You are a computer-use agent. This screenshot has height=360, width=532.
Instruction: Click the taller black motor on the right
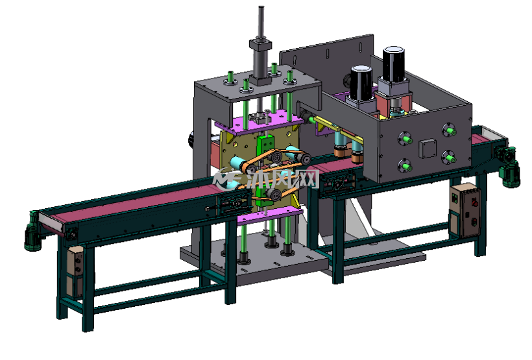pyautogui.click(x=393, y=64)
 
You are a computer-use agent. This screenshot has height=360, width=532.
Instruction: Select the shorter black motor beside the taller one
pyautogui.click(x=361, y=83)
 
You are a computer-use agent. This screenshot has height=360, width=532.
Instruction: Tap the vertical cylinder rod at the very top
pyautogui.click(x=261, y=23)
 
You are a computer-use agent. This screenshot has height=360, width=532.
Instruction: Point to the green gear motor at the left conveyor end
pyautogui.click(x=32, y=232)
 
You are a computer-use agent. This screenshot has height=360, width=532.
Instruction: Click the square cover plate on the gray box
pyautogui.click(x=428, y=149)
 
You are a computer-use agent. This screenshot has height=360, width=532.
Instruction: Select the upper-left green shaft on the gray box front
pyautogui.click(x=405, y=139)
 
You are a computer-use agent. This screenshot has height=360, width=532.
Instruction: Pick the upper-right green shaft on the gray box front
pyautogui.click(x=449, y=130)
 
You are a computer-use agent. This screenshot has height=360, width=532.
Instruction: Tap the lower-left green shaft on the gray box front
pyautogui.click(x=405, y=166)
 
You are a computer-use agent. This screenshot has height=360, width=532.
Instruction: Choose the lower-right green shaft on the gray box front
pyautogui.click(x=448, y=158)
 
